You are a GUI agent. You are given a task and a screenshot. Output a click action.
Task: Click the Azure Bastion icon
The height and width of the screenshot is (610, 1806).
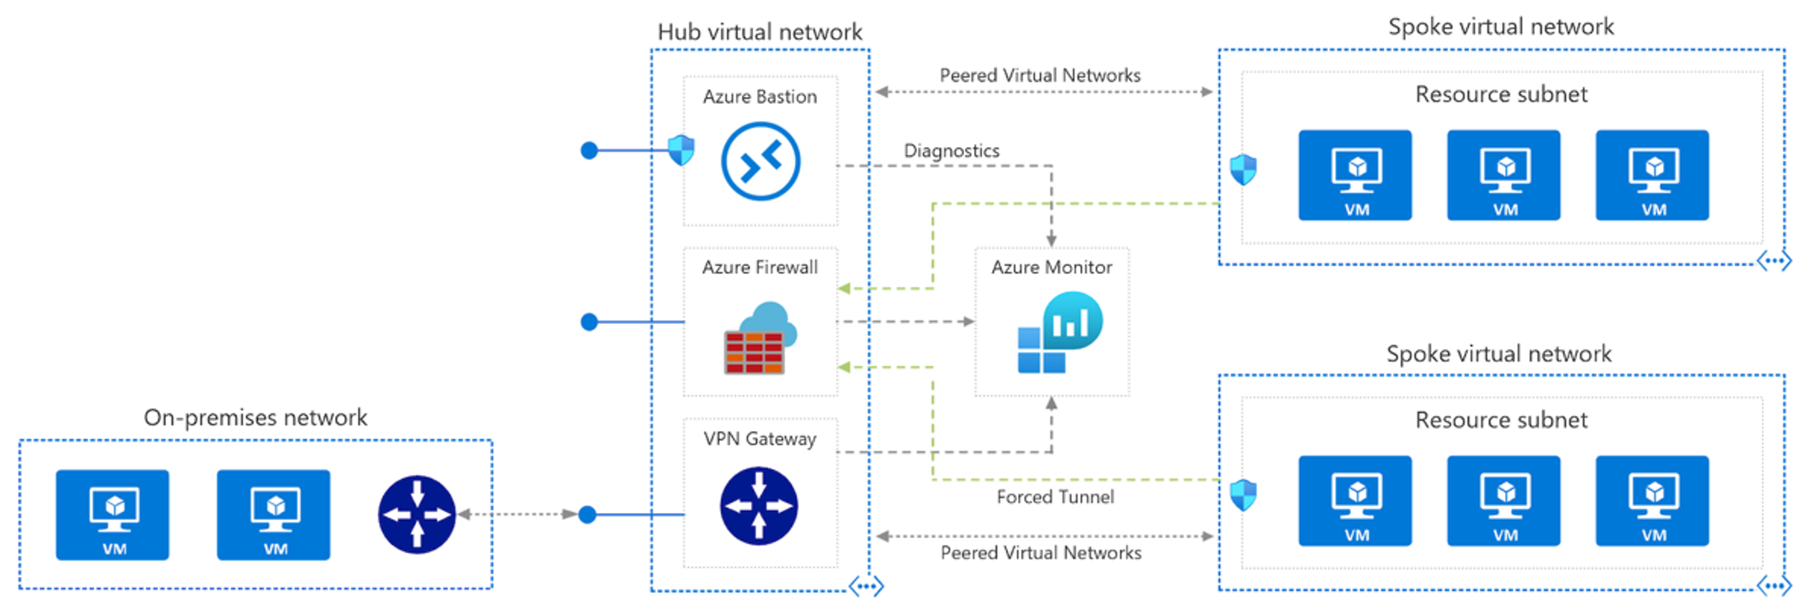pyautogui.click(x=760, y=161)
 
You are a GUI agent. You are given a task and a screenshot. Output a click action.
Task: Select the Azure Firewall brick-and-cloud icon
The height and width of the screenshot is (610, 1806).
pyautogui.click(x=760, y=338)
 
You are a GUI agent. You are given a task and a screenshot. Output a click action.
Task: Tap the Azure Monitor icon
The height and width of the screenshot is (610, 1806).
pyautogui.click(x=1060, y=332)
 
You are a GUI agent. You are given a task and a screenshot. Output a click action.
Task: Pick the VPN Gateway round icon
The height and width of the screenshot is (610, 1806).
pyautogui.click(x=759, y=506)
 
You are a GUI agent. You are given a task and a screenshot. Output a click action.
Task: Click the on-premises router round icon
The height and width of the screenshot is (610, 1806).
pyautogui.click(x=417, y=515)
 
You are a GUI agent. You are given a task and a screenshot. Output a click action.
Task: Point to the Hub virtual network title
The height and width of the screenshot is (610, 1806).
pyautogui.click(x=760, y=32)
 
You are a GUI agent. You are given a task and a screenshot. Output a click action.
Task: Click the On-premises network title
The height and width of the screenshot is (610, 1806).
pyautogui.click(x=255, y=418)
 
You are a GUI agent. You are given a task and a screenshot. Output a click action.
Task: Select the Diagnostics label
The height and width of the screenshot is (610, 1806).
pyautogui.click(x=951, y=151)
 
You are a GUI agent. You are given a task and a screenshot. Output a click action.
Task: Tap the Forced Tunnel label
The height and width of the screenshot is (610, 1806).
pyautogui.click(x=1055, y=497)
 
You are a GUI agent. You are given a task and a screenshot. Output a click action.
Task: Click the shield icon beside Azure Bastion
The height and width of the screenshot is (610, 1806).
pyautogui.click(x=681, y=150)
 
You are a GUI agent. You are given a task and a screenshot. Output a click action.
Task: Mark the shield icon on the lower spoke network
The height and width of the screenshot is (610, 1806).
pyautogui.click(x=1244, y=496)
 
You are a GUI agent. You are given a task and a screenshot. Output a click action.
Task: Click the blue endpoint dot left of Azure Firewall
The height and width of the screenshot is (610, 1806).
pyautogui.click(x=589, y=322)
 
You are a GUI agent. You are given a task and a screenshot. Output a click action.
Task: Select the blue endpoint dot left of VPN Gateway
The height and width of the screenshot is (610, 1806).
pyautogui.click(x=587, y=516)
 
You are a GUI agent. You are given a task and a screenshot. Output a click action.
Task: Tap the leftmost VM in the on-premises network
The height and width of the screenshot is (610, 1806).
pyautogui.click(x=112, y=515)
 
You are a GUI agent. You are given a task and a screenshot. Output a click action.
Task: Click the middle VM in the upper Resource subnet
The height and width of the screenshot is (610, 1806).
pyautogui.click(x=1504, y=175)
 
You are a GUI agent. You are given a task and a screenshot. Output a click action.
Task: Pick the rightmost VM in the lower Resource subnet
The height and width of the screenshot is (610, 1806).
pyautogui.click(x=1653, y=501)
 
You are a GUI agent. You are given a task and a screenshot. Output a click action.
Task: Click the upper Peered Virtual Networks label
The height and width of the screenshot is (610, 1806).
pyautogui.click(x=1040, y=75)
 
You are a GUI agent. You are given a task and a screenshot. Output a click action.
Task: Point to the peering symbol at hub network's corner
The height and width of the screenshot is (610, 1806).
pyautogui.click(x=866, y=586)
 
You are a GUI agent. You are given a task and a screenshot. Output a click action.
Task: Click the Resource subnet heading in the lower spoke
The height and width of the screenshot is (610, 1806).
pyautogui.click(x=1501, y=420)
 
